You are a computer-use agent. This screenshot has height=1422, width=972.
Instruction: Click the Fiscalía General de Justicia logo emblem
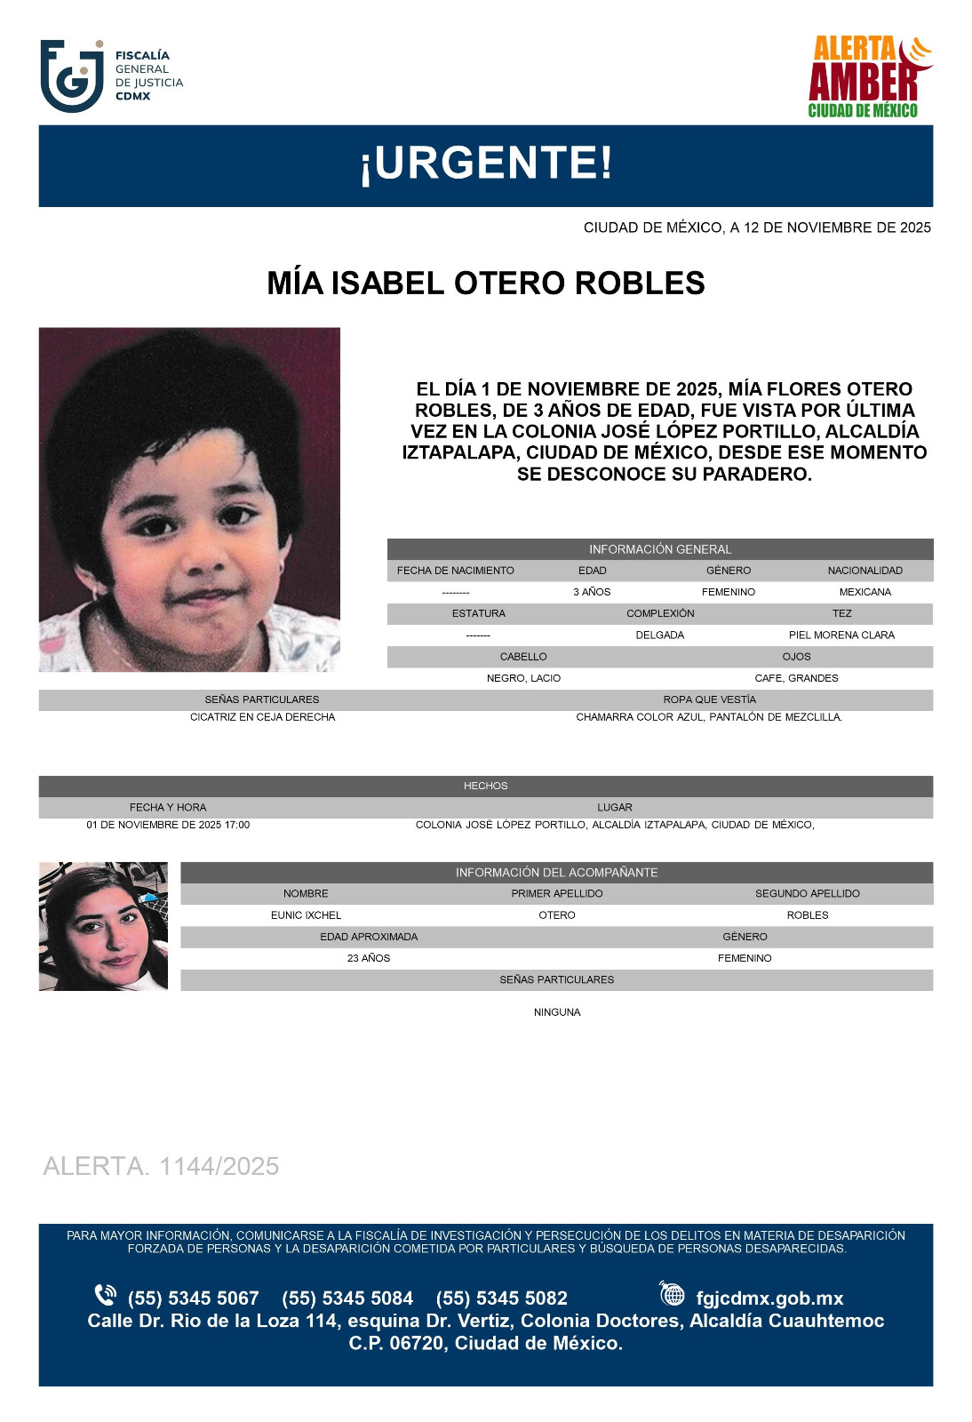coord(72,76)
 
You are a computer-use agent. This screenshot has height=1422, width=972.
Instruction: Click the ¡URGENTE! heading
coord(486,164)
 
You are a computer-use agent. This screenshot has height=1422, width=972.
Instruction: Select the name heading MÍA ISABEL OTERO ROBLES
coord(486,284)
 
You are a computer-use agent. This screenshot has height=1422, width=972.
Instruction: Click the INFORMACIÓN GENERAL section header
coord(660,549)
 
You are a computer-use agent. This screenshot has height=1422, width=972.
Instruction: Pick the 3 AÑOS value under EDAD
coord(592,592)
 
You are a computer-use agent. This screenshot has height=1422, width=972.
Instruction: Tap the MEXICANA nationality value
coord(864,592)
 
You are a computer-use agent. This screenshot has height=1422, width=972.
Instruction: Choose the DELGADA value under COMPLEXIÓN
coord(660,635)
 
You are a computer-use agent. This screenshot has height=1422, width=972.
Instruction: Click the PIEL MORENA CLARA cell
coord(841,635)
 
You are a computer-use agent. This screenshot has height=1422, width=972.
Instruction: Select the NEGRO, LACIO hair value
coord(523,678)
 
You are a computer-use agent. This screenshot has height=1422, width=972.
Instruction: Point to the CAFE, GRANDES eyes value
coord(796,678)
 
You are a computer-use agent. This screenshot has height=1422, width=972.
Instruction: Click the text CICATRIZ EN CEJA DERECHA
coord(262,717)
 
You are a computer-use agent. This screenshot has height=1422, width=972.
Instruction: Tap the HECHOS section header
coord(486,786)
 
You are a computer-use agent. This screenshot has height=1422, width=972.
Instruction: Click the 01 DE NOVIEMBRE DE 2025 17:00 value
coord(168,825)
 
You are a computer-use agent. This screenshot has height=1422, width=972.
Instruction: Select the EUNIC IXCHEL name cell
coord(306,915)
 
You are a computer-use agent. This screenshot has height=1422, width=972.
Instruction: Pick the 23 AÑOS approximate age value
coord(369,958)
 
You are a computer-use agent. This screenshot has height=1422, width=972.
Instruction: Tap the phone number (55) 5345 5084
coord(347,1298)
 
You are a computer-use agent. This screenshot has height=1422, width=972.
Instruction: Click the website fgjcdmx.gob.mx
coord(769,1298)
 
